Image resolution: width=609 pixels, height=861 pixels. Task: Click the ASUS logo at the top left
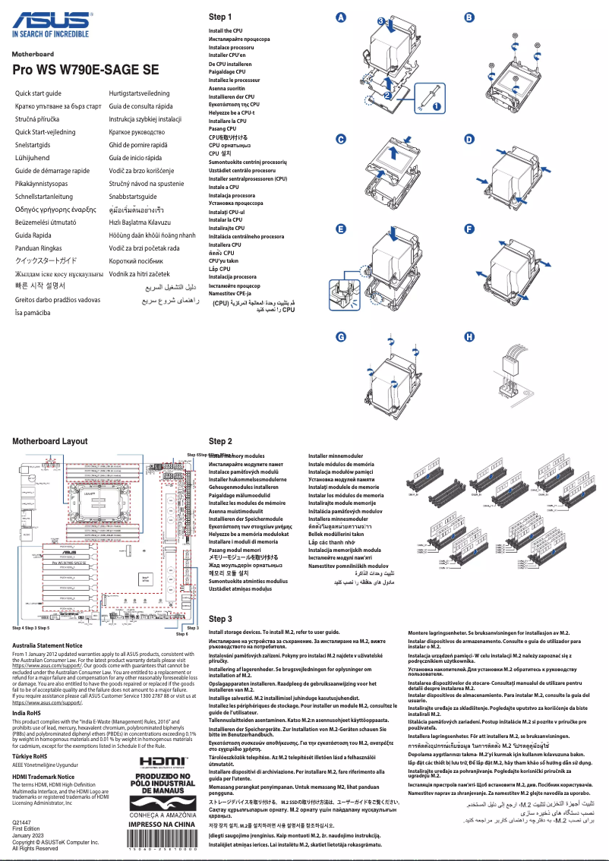click(50, 23)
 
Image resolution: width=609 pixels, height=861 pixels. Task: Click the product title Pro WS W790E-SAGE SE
click(86, 70)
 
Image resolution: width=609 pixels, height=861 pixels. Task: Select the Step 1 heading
click(220, 17)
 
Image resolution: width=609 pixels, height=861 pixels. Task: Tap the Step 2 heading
click(220, 441)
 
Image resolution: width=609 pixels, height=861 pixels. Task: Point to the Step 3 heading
click(220, 620)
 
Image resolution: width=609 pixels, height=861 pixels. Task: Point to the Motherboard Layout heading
click(50, 441)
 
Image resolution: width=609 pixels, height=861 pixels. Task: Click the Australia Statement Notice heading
click(47, 645)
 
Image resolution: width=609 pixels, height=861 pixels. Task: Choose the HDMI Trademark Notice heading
click(43, 777)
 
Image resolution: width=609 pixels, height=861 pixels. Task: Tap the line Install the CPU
click(226, 31)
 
